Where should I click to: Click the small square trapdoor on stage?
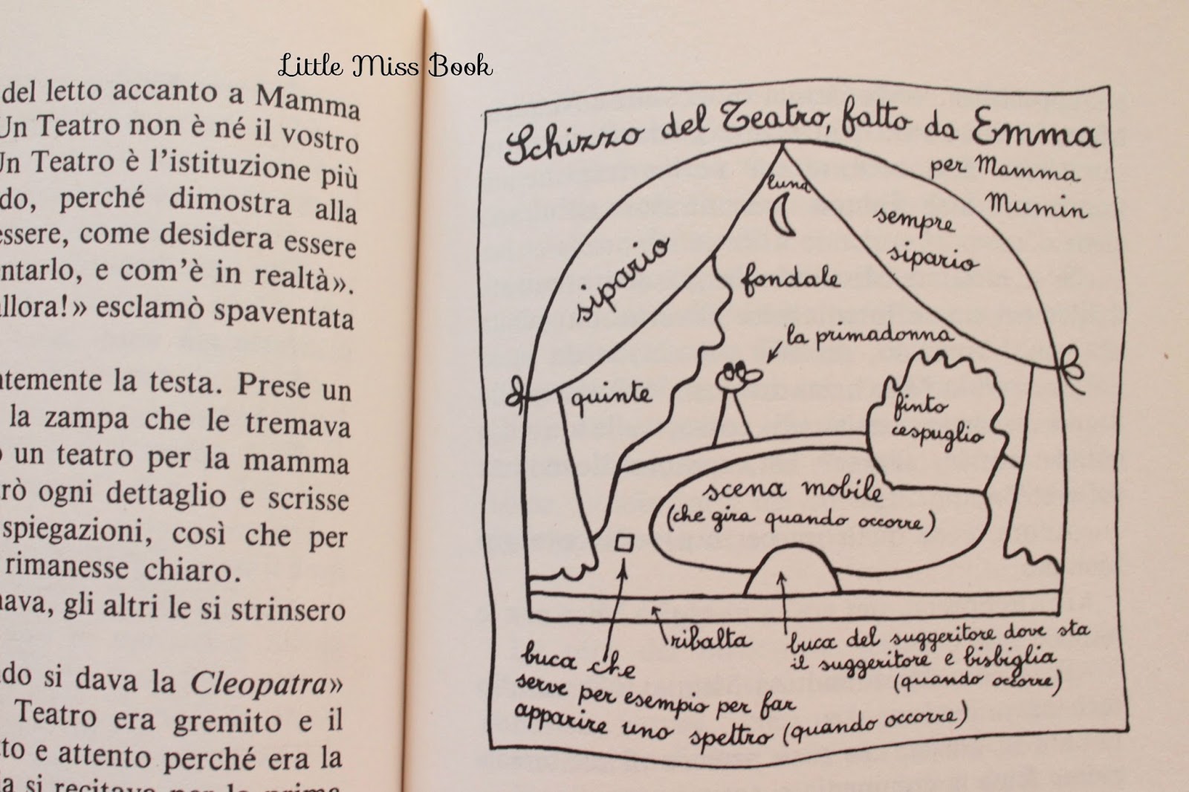coord(624,544)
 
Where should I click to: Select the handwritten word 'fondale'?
coord(790,279)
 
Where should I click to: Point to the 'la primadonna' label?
coord(869,336)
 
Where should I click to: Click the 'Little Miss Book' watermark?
coord(385,67)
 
